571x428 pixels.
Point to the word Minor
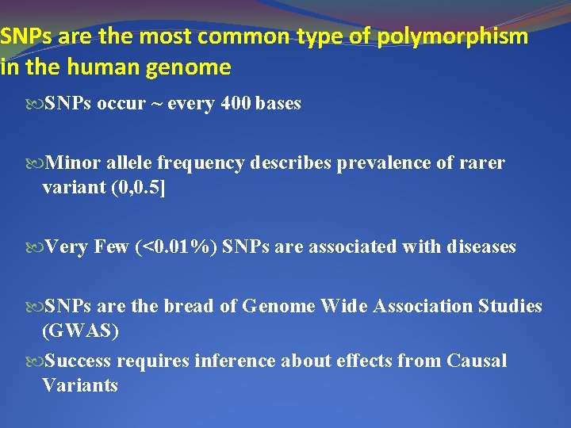click(x=71, y=163)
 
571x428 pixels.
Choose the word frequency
click(x=202, y=163)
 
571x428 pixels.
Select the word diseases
click(x=481, y=247)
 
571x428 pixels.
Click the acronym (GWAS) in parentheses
click(x=80, y=331)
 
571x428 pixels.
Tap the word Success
click(x=79, y=361)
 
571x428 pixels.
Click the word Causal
click(x=477, y=361)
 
